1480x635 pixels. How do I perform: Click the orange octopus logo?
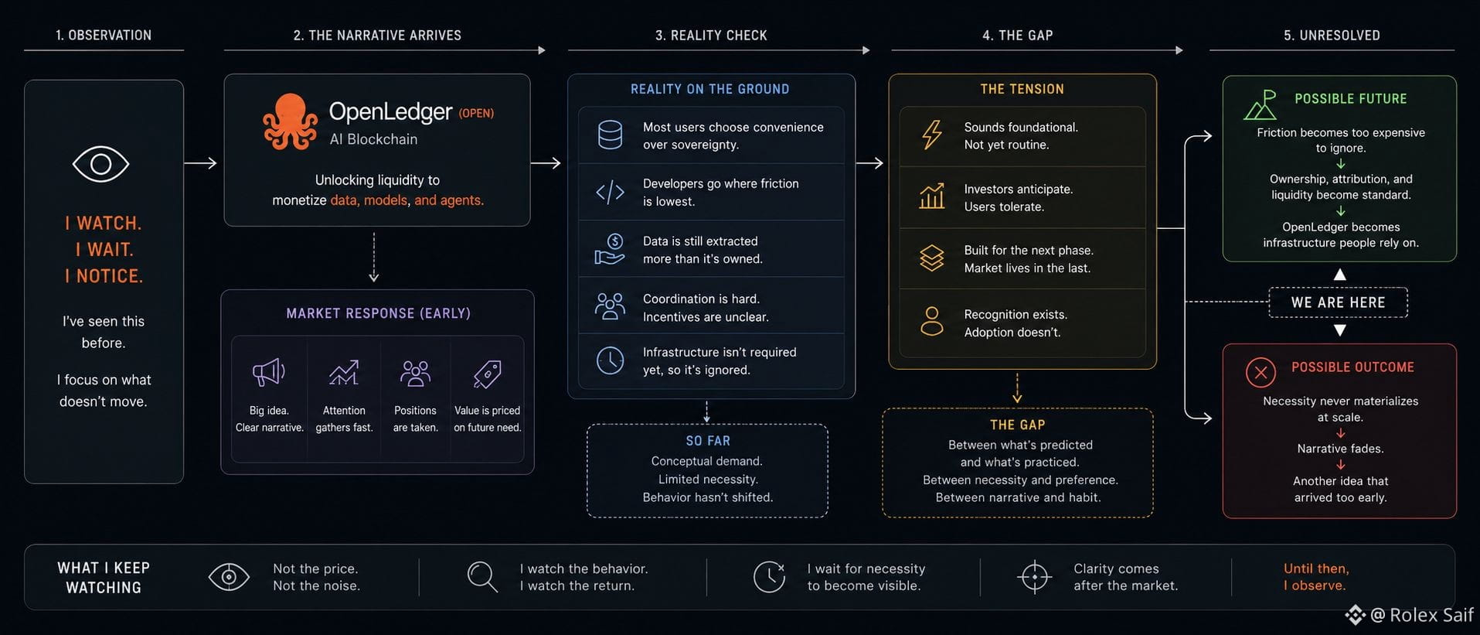[290, 121]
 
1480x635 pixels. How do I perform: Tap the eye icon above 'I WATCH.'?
[100, 164]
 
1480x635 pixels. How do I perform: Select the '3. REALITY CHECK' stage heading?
[711, 36]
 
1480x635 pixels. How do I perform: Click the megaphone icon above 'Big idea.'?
[269, 373]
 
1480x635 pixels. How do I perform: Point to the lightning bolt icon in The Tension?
[932, 135]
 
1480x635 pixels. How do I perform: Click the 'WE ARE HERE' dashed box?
[1338, 302]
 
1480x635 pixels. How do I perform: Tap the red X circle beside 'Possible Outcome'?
[1261, 373]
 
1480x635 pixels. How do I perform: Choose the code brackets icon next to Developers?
[610, 192]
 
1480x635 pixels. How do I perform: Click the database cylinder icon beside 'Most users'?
[610, 135]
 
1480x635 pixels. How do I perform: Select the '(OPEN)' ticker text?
[476, 114]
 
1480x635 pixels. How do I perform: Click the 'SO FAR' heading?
[708, 441]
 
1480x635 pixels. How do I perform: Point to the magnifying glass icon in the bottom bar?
[482, 577]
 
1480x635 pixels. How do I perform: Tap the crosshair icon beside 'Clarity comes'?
[1034, 577]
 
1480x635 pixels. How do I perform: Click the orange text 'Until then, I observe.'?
[1316, 577]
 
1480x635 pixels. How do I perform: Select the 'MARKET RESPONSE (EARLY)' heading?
[378, 313]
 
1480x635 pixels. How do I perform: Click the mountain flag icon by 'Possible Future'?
[1261, 105]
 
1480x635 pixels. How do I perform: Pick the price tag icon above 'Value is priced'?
[487, 374]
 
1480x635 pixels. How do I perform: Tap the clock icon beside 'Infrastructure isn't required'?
[610, 360]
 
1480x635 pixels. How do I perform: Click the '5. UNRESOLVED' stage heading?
[1332, 36]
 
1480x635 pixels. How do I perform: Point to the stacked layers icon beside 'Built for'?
[932, 258]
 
